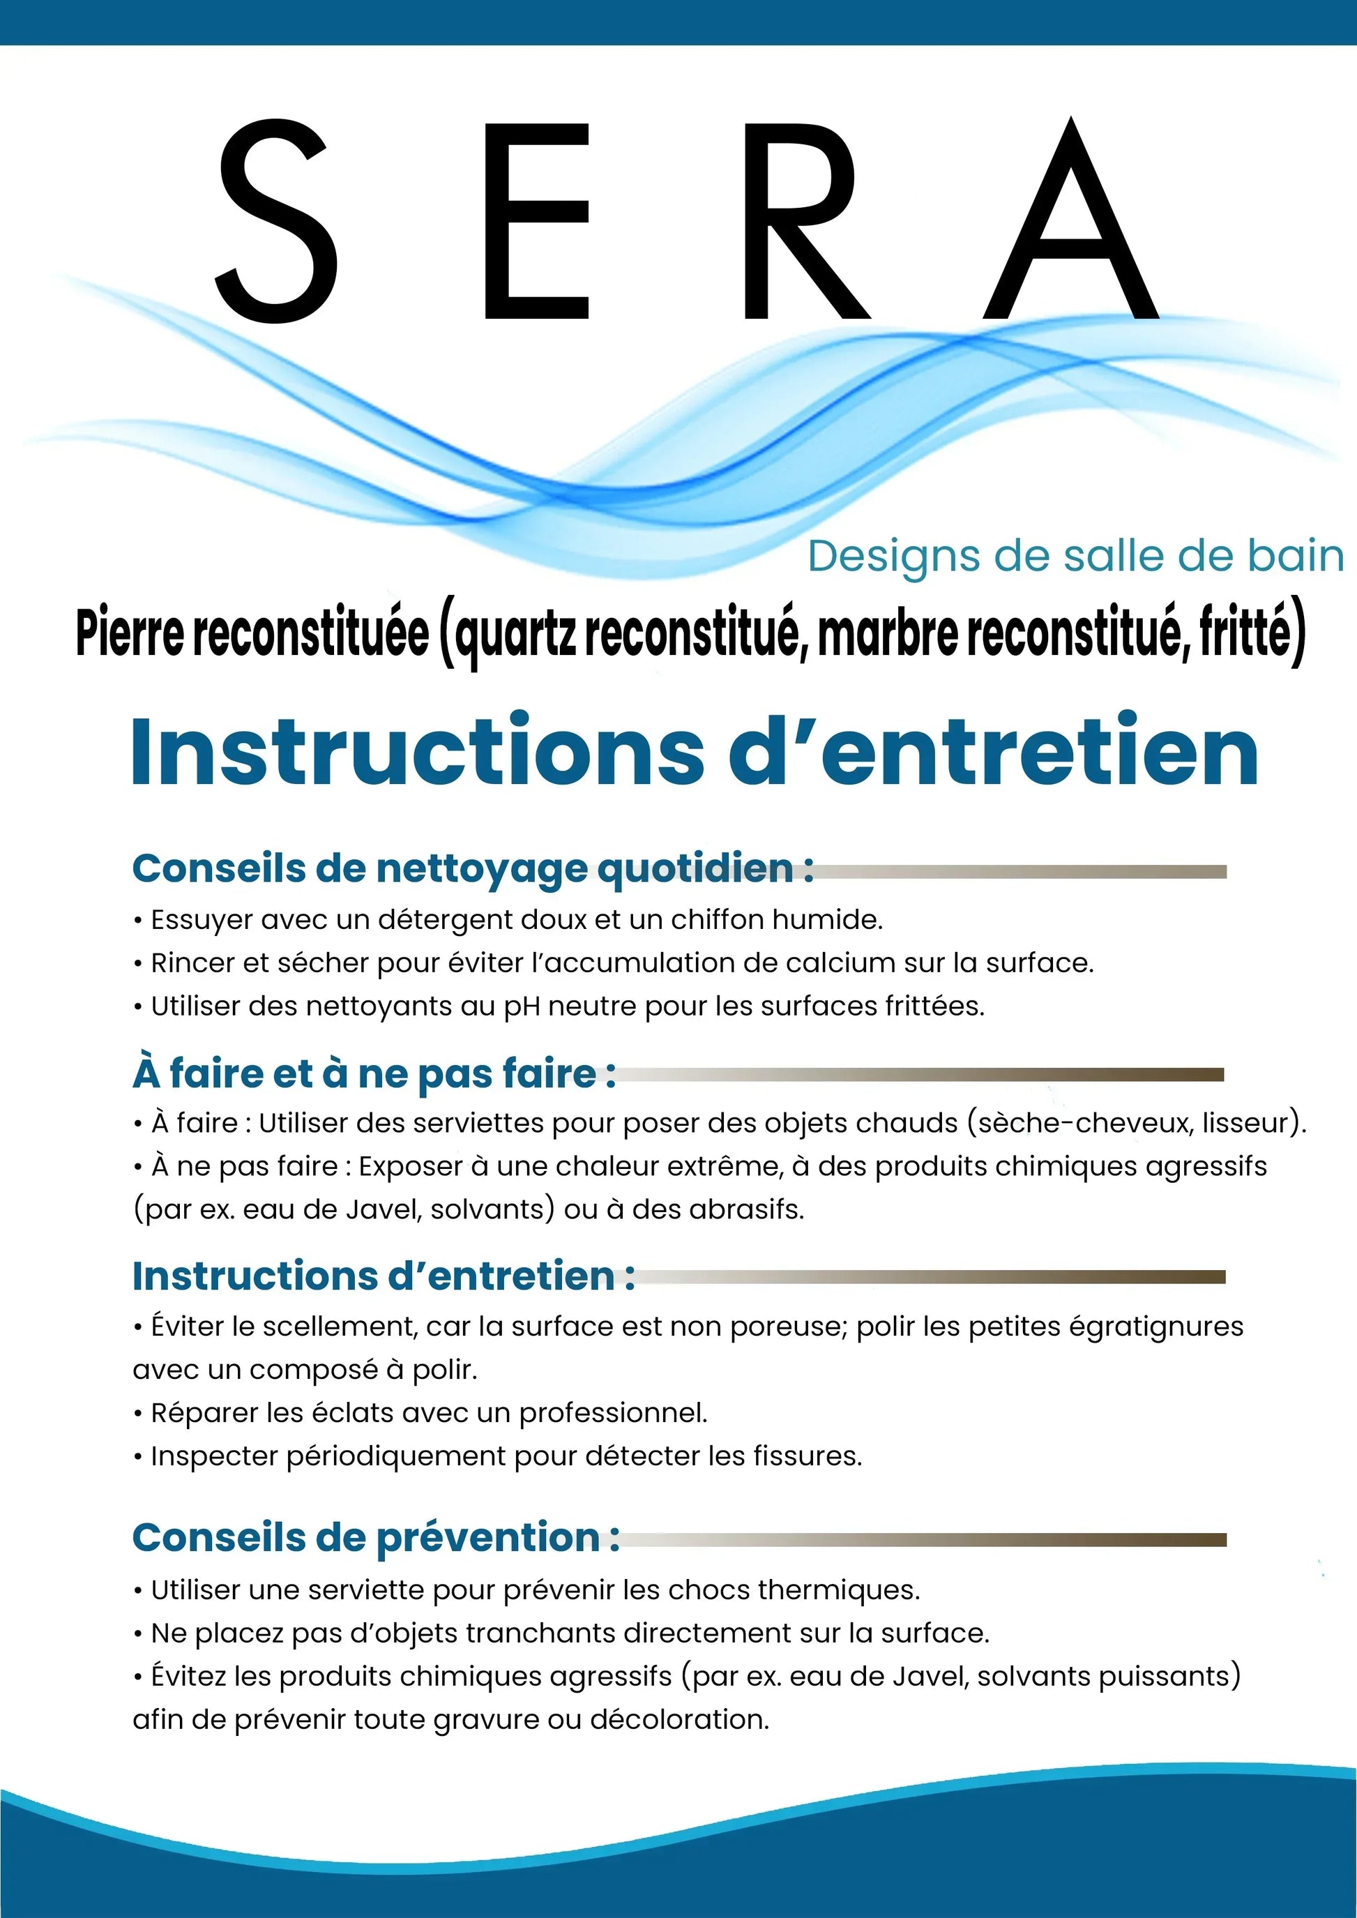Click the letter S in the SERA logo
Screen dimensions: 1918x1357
point(278,222)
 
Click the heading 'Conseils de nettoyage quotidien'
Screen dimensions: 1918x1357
point(472,868)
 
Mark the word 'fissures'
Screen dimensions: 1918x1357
point(806,1457)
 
